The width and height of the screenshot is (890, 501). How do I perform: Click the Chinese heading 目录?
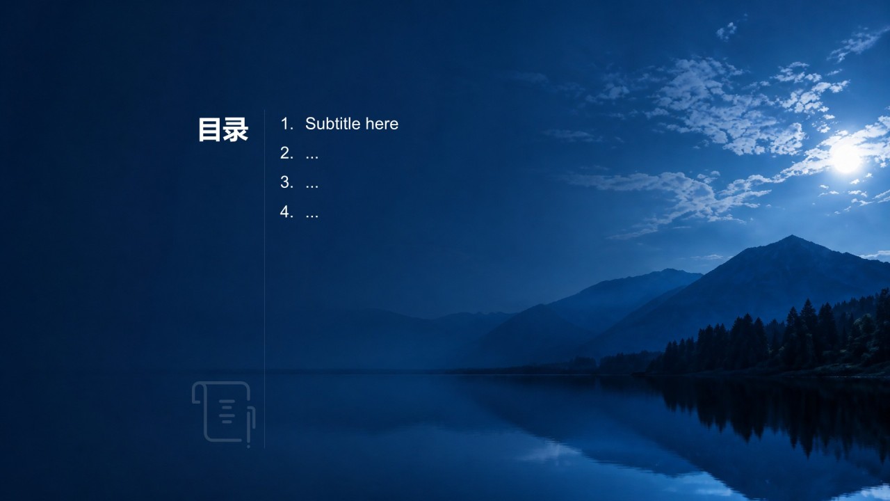point(223,129)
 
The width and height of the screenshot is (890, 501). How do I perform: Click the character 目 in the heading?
point(210,129)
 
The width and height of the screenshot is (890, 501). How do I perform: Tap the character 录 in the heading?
point(236,129)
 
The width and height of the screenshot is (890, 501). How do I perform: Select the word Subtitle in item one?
point(333,124)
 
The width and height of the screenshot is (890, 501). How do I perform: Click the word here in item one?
point(382,124)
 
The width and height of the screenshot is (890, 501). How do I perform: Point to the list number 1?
point(286,124)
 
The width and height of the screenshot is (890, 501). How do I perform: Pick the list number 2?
point(286,153)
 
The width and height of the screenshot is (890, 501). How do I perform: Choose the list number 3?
point(286,182)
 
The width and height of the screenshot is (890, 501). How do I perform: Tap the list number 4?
point(286,212)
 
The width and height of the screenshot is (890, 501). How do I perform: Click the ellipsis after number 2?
point(312,158)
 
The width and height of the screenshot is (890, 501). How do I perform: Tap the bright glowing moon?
point(846,158)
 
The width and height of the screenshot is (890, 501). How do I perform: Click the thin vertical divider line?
point(264,279)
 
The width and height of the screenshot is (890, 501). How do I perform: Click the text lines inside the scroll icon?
point(227,411)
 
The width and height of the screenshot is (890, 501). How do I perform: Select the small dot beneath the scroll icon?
point(249,446)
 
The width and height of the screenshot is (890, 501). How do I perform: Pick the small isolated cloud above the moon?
point(727,31)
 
